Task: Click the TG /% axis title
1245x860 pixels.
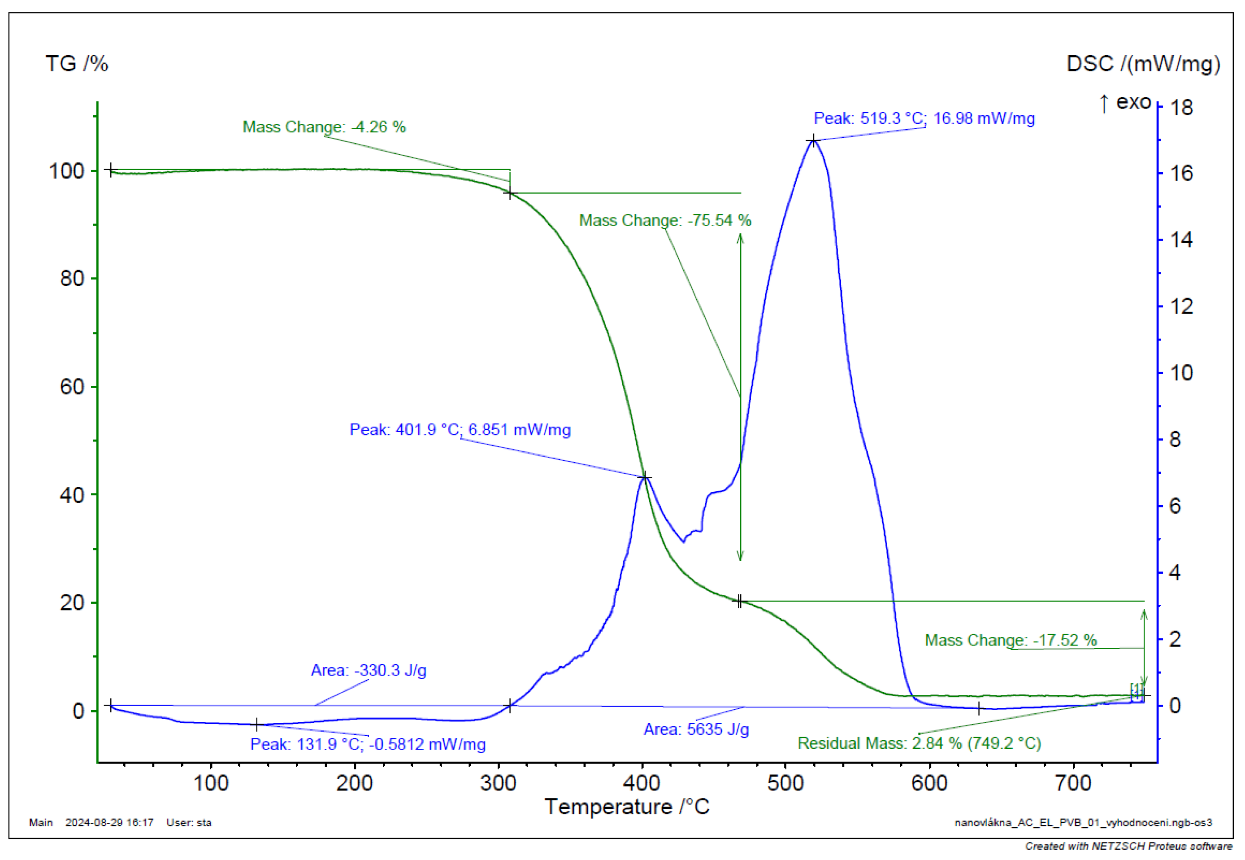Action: pos(77,64)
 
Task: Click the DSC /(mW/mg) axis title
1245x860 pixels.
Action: pos(1142,64)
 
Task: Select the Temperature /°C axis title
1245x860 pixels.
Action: pos(626,807)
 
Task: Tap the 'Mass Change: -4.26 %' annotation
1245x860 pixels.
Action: pos(324,127)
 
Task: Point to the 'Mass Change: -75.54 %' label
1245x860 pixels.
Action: pos(664,220)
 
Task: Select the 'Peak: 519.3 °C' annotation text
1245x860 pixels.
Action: pos(924,118)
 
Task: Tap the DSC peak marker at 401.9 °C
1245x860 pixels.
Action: pos(645,477)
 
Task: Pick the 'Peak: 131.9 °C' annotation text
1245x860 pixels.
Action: pos(367,744)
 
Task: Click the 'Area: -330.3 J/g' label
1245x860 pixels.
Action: pos(369,670)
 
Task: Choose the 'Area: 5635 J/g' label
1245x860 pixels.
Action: pos(696,729)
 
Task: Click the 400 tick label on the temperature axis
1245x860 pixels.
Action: pos(642,783)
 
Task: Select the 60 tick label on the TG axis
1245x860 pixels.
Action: pos(72,386)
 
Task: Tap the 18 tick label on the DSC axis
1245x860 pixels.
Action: pos(1181,108)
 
